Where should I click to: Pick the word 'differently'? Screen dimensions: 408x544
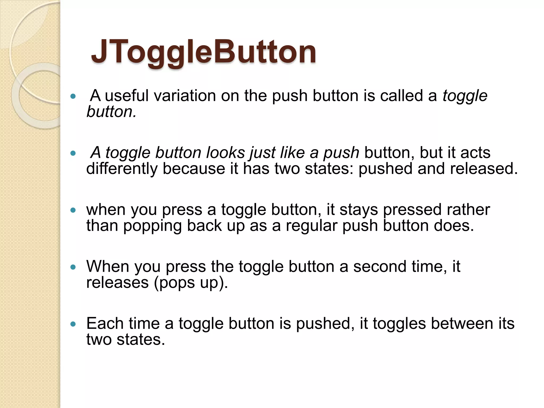point(122,169)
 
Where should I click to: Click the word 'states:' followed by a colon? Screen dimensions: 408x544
point(329,169)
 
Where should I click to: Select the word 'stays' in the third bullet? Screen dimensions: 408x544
point(359,210)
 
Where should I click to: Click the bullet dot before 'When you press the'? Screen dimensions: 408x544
point(73,267)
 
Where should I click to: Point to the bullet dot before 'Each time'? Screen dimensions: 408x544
point(73,324)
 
